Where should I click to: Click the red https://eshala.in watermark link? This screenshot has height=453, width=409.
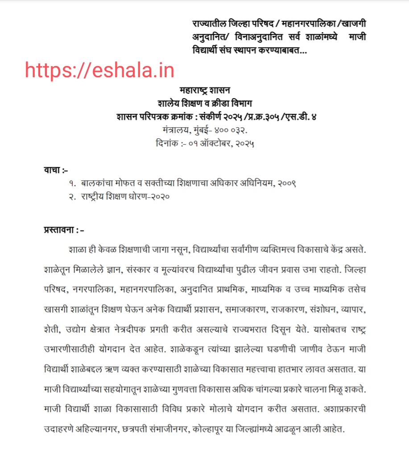pyautogui.click(x=99, y=71)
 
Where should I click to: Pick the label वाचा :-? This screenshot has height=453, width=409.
pyautogui.click(x=56, y=170)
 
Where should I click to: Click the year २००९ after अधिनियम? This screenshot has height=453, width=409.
pyautogui.click(x=284, y=183)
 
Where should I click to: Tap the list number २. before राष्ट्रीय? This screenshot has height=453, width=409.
pyautogui.click(x=73, y=196)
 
